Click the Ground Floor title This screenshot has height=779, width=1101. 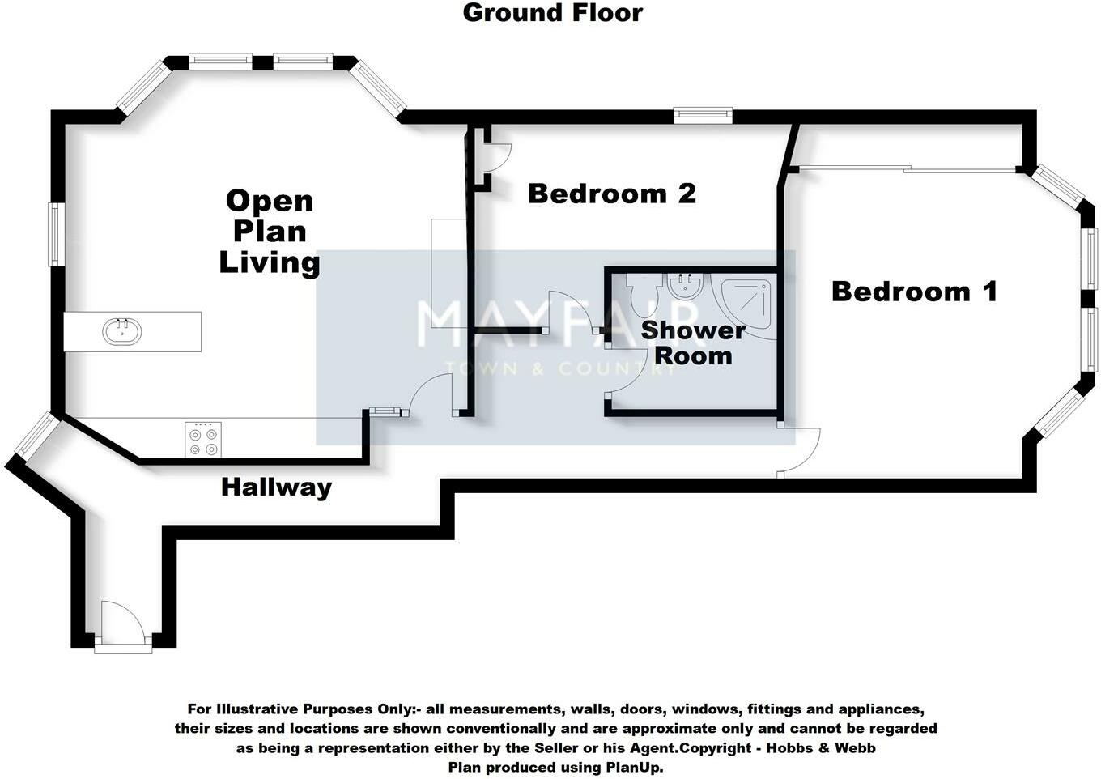click(x=552, y=13)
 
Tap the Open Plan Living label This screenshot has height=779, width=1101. click(x=270, y=232)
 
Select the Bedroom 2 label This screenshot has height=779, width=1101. click(x=611, y=194)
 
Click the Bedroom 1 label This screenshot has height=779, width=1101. click(x=914, y=292)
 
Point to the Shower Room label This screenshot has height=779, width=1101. click(x=692, y=343)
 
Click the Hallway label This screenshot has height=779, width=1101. click(x=276, y=487)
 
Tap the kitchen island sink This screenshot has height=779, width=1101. click(x=122, y=331)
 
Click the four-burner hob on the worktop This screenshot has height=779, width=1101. click(x=202, y=440)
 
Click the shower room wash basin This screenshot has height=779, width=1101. click(x=687, y=287)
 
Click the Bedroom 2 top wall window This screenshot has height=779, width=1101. click(x=703, y=116)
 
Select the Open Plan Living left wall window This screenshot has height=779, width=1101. click(x=56, y=234)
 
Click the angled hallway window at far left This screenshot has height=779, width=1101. click(x=36, y=435)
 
